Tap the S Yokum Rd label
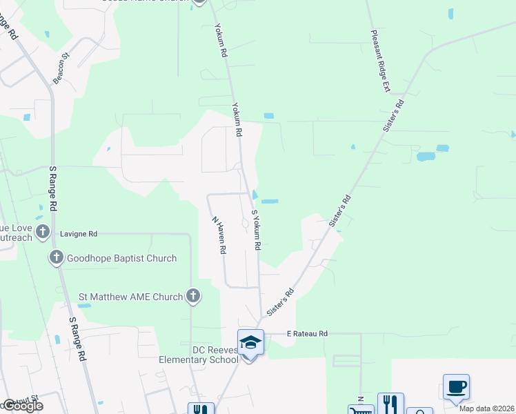tap(256, 230)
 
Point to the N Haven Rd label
tap(219, 235)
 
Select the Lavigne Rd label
tap(79, 234)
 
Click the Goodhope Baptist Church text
tap(121, 258)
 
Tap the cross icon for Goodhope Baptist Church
tap(56, 258)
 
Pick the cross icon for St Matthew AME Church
tap(193, 297)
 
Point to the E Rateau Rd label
tap(307, 334)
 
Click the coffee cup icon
tap(456, 386)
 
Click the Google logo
tap(23, 406)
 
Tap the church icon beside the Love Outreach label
tap(42, 230)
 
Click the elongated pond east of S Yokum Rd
tap(269, 201)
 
